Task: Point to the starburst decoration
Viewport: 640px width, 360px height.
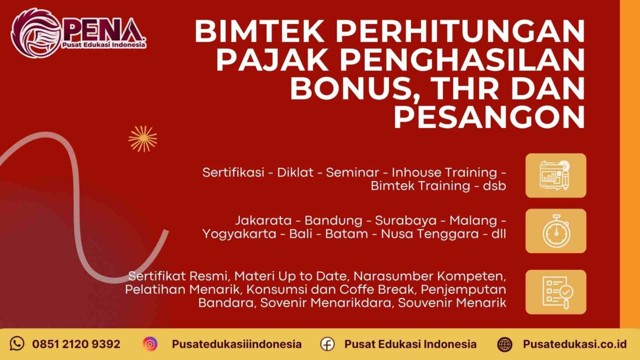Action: point(143,138)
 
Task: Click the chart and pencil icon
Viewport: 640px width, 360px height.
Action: point(555,175)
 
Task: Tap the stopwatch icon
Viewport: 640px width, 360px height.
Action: point(555,230)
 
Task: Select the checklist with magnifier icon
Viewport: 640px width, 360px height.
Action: point(555,292)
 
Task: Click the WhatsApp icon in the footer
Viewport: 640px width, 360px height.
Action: point(17,344)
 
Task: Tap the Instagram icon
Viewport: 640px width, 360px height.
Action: point(150,344)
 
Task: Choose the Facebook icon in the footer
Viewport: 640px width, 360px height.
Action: point(327,344)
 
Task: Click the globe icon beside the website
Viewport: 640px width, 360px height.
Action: point(505,344)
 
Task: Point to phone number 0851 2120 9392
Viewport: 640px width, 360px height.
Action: point(76,344)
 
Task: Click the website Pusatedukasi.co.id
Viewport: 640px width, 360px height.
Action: point(575,344)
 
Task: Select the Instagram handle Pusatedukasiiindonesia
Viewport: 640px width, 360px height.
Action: point(236,344)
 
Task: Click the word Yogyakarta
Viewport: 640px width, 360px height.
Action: point(239,234)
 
